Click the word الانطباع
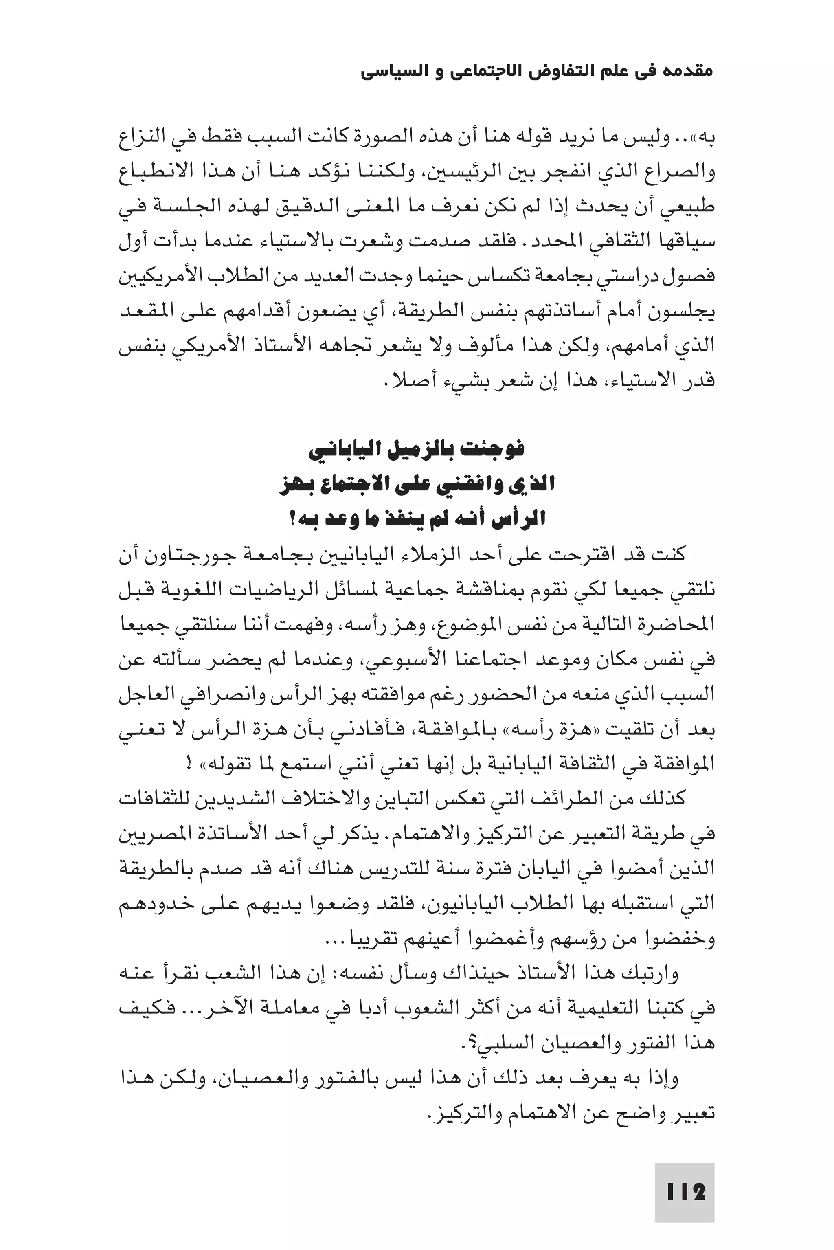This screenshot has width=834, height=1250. point(154,172)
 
